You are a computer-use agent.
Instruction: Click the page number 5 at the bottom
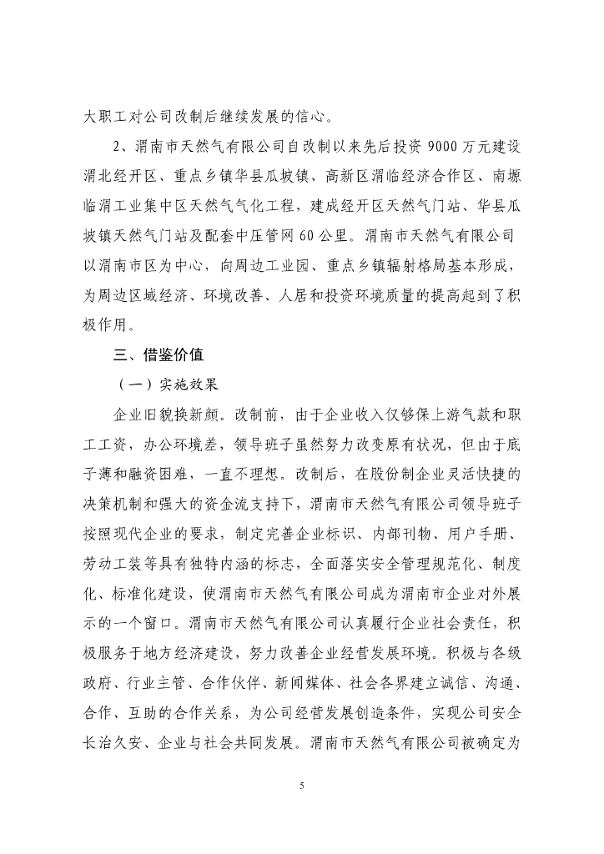coord(302,785)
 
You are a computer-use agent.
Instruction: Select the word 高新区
coord(351,177)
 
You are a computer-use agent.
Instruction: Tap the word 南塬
coord(503,177)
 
